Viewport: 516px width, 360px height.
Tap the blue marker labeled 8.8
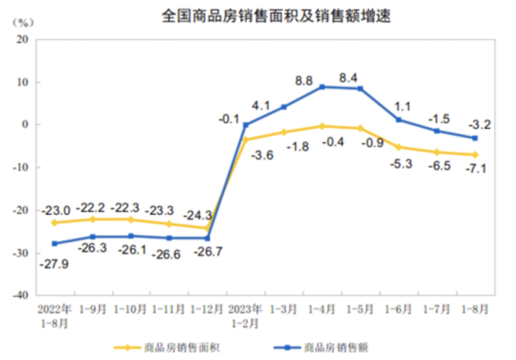(322, 87)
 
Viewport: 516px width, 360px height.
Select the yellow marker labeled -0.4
(322, 126)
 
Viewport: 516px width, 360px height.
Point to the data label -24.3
(199, 215)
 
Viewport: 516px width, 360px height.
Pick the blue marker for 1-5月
(361, 89)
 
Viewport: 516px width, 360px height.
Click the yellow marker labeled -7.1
(476, 155)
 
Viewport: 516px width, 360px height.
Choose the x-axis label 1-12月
(208, 308)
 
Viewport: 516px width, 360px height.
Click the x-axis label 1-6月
(399, 308)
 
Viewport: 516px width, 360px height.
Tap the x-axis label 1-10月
(131, 308)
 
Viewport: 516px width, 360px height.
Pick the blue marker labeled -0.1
(245, 125)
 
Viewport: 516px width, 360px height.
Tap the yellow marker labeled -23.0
(54, 223)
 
